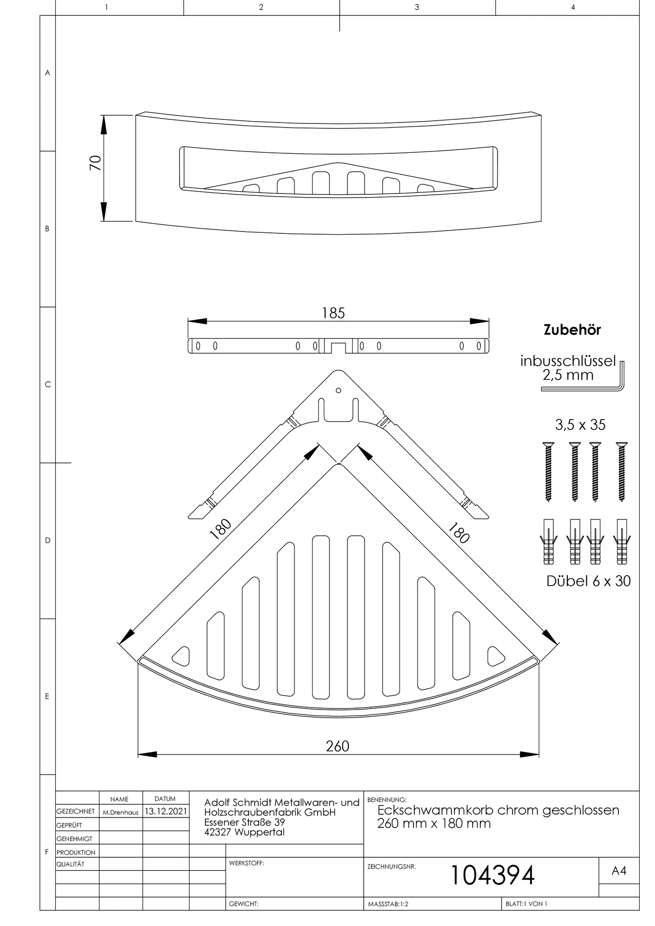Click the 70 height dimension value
coord(95,163)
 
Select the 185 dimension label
coord(333,313)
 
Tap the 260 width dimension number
coord(337,746)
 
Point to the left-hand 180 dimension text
coord(221,529)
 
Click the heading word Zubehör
coord(572,330)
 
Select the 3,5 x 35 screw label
coord(580,425)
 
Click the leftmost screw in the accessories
coord(548,472)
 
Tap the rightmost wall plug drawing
coord(622,542)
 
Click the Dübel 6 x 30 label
coord(588,581)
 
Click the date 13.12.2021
coord(166,812)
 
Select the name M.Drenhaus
coord(120,813)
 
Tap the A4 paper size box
coord(618,871)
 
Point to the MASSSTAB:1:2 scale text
coord(388,904)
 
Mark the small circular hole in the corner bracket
coord(338,390)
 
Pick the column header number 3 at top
coord(417,7)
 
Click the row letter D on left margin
coord(47,540)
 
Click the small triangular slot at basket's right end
coord(495,656)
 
